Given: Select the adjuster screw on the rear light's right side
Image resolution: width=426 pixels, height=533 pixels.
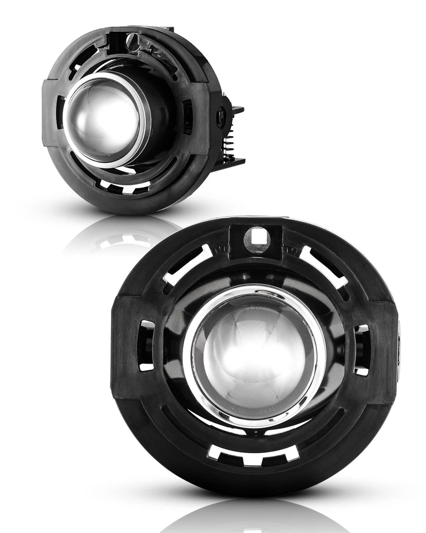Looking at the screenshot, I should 221,117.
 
